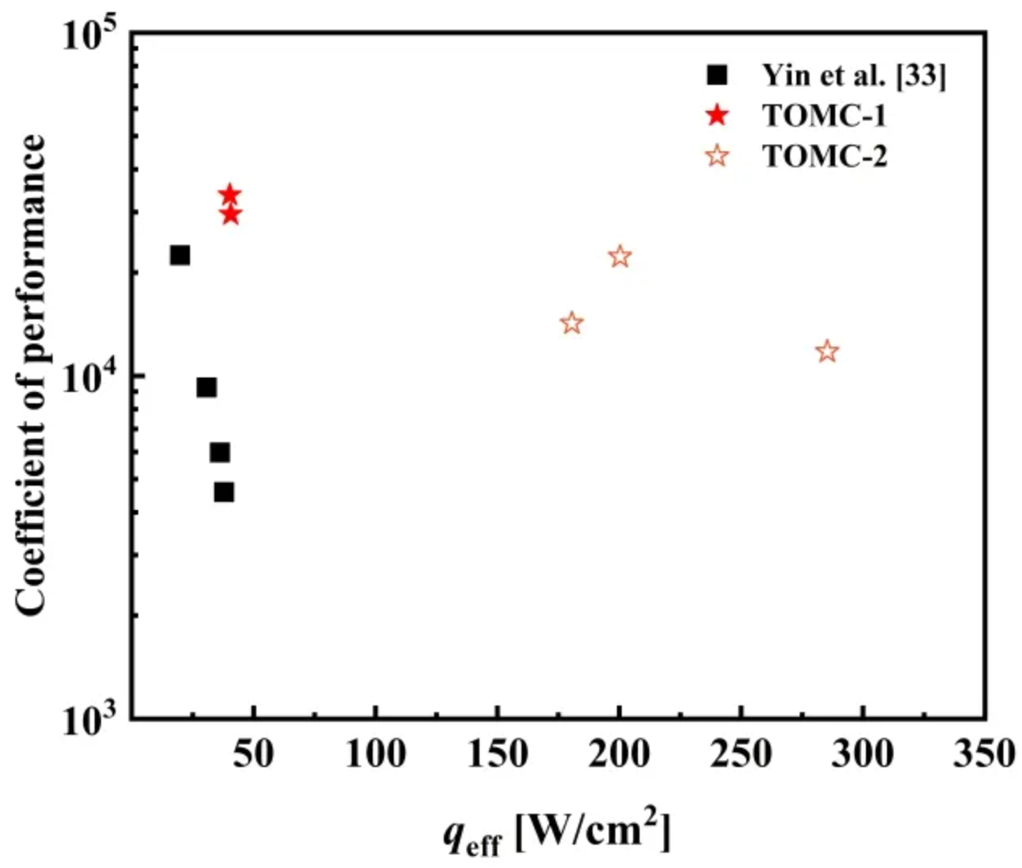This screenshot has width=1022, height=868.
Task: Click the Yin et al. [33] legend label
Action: click(x=853, y=75)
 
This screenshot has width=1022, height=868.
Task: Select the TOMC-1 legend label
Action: click(x=825, y=116)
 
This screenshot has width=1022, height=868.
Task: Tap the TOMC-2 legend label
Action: click(x=825, y=155)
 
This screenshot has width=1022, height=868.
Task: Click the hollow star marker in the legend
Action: click(x=717, y=155)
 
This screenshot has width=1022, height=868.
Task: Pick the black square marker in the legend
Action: click(x=717, y=75)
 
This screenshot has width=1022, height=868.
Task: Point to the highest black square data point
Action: click(x=180, y=255)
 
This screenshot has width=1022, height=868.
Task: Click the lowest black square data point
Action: click(x=224, y=492)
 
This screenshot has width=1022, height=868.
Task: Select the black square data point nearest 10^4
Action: click(x=207, y=388)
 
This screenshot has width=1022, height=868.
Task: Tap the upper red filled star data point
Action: click(x=230, y=195)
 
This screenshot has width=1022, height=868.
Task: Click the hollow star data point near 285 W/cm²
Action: click(x=826, y=352)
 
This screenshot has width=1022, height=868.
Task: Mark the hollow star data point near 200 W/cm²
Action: click(x=619, y=257)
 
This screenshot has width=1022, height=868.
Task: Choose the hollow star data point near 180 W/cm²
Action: click(x=572, y=323)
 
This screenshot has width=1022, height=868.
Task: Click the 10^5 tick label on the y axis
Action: click(x=90, y=36)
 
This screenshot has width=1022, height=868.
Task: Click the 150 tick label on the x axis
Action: click(x=497, y=754)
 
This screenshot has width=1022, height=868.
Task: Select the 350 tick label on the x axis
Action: click(x=983, y=754)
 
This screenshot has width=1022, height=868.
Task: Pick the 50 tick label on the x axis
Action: click(x=254, y=754)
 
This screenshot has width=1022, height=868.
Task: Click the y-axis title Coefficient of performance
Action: click(x=32, y=376)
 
